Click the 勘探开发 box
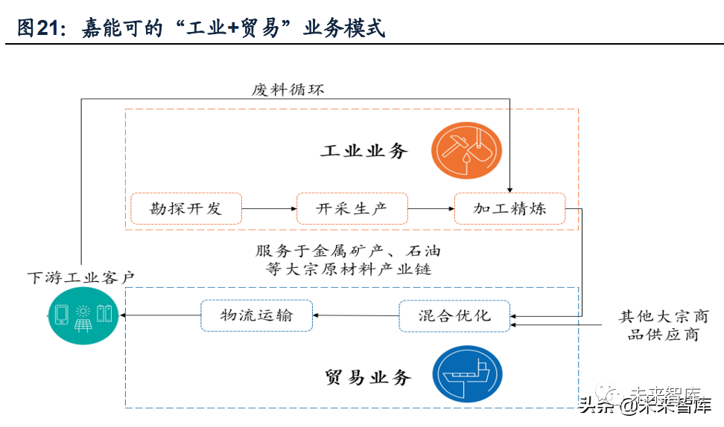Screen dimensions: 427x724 [x=185, y=208]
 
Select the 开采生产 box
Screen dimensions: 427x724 [x=352, y=208]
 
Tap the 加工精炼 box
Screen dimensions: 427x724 [x=509, y=208]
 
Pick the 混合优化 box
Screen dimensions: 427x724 [x=454, y=315]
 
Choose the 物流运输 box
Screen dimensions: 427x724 [x=256, y=315]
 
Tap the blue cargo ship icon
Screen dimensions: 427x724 [x=467, y=374]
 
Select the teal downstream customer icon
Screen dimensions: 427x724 [x=83, y=316]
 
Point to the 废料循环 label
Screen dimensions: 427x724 [x=288, y=90]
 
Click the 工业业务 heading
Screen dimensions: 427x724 [x=364, y=151]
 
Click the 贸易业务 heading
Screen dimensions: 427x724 [x=368, y=377]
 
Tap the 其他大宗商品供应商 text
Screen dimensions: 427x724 [x=663, y=326]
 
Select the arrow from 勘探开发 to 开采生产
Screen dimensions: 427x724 [x=269, y=209]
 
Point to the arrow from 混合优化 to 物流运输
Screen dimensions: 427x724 [x=355, y=315]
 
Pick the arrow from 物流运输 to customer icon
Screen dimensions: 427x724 [x=159, y=315]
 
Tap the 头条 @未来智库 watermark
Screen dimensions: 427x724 [x=645, y=405]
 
